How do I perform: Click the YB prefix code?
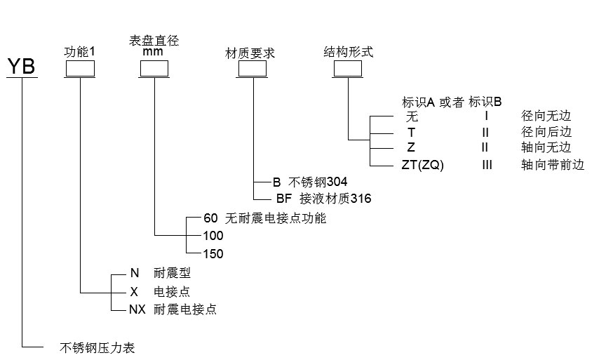[22, 67]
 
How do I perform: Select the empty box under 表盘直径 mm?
[154, 69]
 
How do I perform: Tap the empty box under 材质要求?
[253, 69]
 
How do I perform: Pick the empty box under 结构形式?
[348, 69]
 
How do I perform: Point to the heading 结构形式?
[348, 52]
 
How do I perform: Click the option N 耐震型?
[159, 273]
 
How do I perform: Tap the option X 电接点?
[159, 291]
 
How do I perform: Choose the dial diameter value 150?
[213, 254]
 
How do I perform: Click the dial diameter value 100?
[213, 236]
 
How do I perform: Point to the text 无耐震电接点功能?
[276, 218]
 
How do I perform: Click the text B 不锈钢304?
[310, 181]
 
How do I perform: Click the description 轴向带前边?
[552, 165]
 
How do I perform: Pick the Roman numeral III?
[487, 165]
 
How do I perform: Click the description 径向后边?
[546, 131]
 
